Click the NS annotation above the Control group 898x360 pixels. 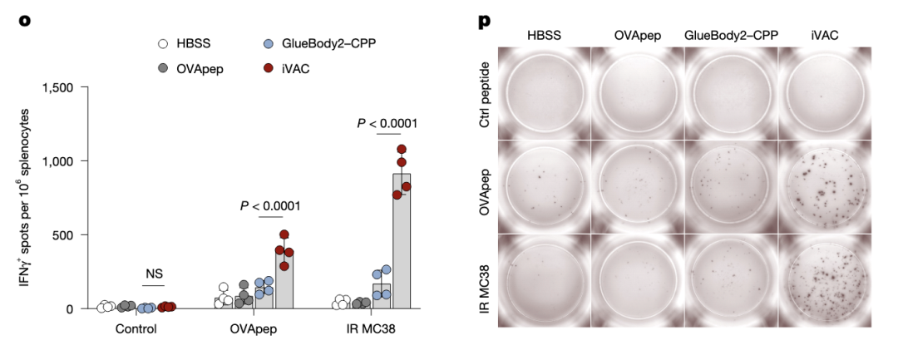pos(154,274)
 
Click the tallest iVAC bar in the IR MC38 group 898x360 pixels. pos(402,241)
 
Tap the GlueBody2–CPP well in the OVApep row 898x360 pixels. pos(731,186)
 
